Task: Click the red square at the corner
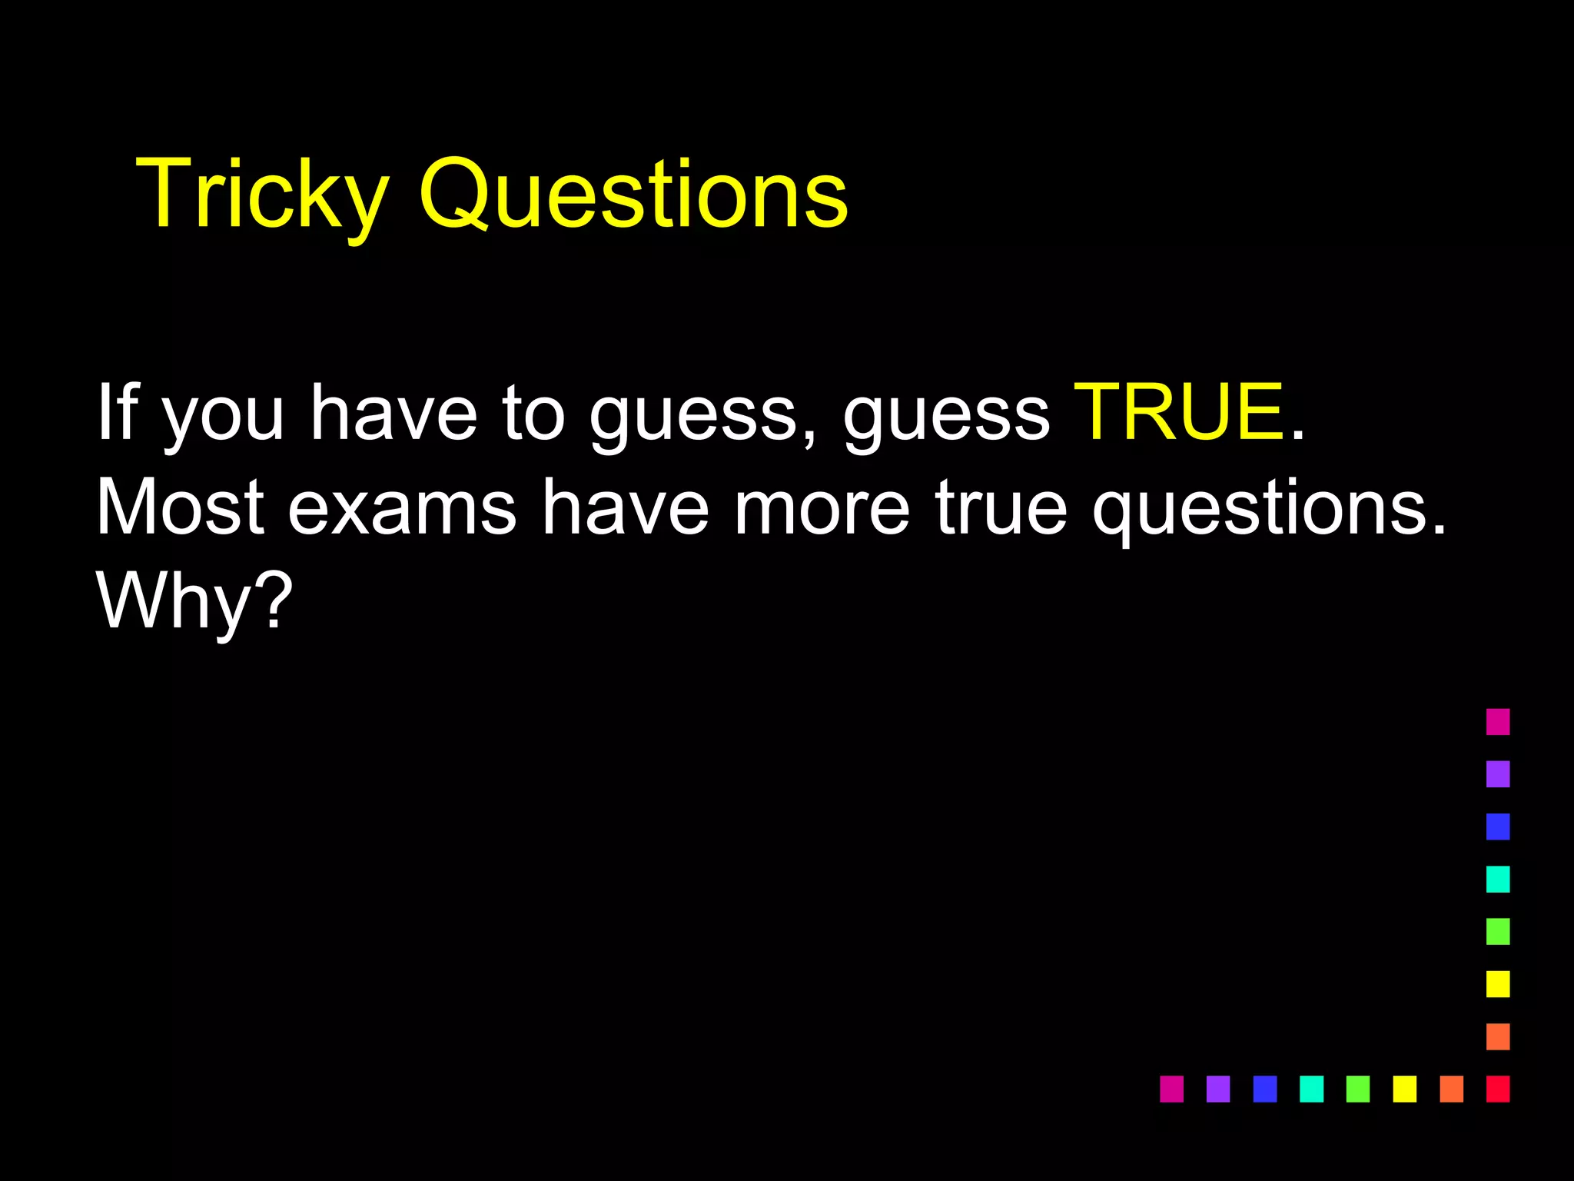[1498, 1089]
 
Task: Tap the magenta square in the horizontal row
[1171, 1089]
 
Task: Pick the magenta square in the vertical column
[1498, 722]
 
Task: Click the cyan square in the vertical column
[1498, 879]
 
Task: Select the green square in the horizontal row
[1358, 1089]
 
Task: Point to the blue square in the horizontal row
[1265, 1089]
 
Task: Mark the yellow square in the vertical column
[1498, 984]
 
